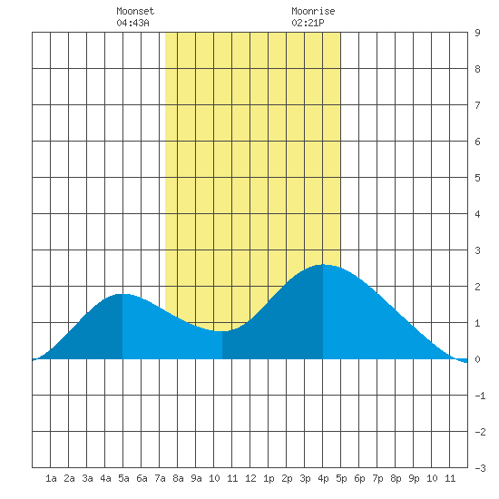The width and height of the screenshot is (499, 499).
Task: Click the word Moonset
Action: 135,11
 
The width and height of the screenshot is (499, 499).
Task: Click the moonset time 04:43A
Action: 132,23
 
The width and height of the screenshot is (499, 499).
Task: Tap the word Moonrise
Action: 313,11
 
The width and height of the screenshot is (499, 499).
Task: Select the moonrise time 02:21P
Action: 308,23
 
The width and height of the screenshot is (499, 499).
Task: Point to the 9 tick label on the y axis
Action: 477,33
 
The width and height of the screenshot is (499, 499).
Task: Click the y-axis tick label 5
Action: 477,178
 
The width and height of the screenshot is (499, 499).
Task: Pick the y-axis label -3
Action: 480,468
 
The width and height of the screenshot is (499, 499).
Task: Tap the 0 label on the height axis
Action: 477,359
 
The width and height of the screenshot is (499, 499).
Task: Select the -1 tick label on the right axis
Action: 480,396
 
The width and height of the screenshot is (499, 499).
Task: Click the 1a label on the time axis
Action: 51,478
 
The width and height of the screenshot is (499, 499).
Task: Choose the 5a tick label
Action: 123,478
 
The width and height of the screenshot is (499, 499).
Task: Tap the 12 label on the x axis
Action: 250,478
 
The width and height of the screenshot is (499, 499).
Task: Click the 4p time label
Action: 323,478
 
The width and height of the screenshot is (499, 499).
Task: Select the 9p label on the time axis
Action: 414,478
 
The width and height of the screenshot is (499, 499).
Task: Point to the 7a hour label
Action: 160,478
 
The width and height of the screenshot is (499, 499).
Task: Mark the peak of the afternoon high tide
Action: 323,264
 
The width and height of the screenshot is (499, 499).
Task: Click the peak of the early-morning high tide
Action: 122,294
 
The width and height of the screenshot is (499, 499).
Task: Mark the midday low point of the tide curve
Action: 221,331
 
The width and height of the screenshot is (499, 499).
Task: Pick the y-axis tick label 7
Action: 477,105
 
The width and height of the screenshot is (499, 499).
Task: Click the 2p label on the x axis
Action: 287,478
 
